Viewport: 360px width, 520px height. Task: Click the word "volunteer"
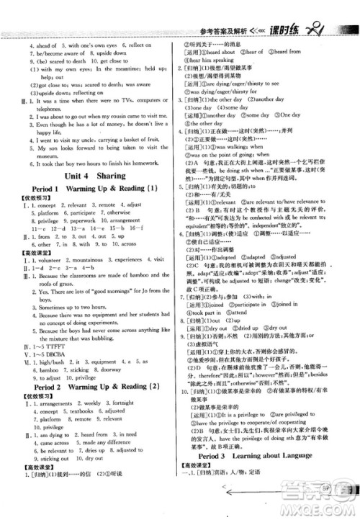[x=51, y=274]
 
